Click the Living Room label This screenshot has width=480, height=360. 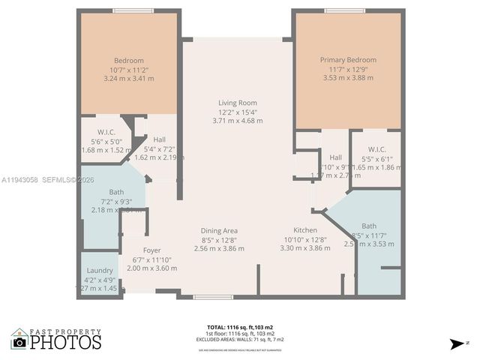[x=237, y=103]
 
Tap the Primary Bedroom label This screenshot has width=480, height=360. [x=348, y=60]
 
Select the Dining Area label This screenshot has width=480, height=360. [x=219, y=230]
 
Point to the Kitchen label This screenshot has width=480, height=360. [x=305, y=230]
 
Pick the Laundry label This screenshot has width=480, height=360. [x=100, y=270]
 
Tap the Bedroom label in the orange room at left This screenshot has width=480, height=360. [x=129, y=61]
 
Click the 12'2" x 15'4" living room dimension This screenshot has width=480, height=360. [x=237, y=112]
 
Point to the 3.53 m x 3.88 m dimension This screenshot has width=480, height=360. [x=348, y=78]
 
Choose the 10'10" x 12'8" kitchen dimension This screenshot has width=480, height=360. [x=305, y=239]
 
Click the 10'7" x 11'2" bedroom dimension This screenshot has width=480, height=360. [x=129, y=70]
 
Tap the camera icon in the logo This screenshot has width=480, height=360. [x=19, y=342]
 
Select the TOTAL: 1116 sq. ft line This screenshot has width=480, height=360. [x=240, y=327]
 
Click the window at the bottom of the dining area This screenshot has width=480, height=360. [x=212, y=297]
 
